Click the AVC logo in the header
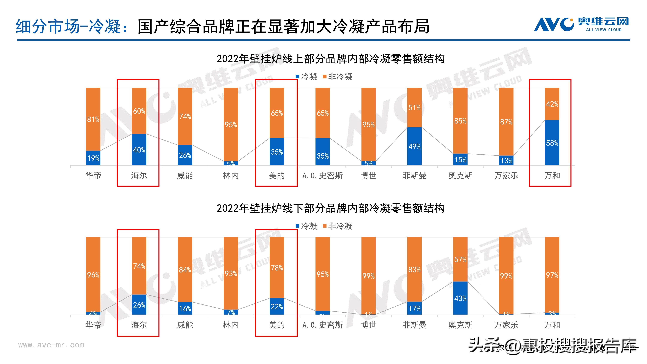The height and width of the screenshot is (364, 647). (581, 24)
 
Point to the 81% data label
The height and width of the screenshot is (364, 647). (93, 119)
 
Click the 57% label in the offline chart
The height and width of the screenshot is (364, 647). (460, 260)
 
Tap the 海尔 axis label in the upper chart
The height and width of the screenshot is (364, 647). (139, 175)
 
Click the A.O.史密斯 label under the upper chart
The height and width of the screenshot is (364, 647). (323, 175)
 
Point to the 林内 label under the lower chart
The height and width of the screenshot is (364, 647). (231, 325)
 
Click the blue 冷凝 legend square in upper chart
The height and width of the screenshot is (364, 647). (297, 77)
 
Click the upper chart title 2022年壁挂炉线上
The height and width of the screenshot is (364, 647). (330, 59)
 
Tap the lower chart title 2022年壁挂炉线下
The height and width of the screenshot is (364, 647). (330, 208)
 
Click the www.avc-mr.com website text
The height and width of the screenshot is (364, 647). (51, 345)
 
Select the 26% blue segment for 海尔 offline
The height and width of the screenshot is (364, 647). (139, 304)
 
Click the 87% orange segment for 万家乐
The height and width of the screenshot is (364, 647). (506, 122)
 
